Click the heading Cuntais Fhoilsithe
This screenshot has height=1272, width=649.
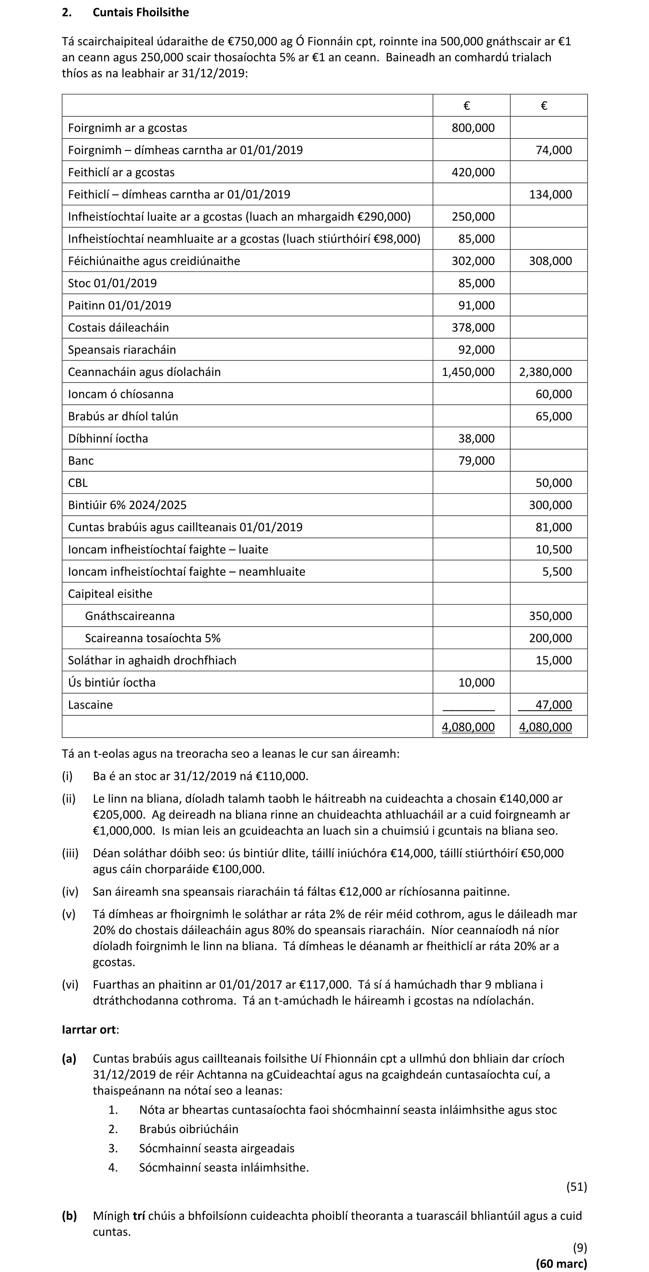point(140,12)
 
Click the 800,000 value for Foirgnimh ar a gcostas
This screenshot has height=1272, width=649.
point(473,128)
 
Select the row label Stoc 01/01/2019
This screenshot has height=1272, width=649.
point(112,283)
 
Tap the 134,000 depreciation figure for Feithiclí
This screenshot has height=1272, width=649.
point(550,194)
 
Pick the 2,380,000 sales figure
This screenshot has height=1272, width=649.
point(545,372)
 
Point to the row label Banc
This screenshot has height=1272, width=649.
point(81,461)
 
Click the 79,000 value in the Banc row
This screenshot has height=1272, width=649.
point(476,461)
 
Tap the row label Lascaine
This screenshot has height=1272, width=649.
point(90,705)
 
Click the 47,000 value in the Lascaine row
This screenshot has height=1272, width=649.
point(553,705)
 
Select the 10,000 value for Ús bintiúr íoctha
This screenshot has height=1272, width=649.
point(476,683)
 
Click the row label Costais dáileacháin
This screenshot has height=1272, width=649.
point(118,328)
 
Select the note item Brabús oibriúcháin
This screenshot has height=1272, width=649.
point(189,1129)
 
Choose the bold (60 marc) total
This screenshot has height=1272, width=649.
point(561,1263)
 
